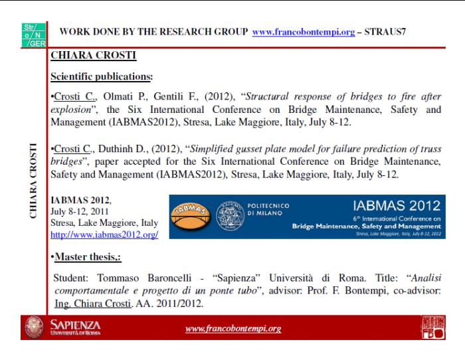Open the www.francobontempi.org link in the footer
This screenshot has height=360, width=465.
point(233,328)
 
